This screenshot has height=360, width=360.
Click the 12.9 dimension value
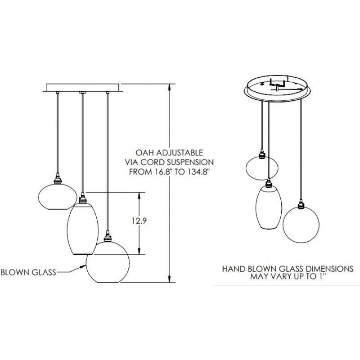[139, 221]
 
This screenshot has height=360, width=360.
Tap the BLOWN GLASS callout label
[28, 272]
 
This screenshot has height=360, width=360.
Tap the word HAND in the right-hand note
[231, 269]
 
